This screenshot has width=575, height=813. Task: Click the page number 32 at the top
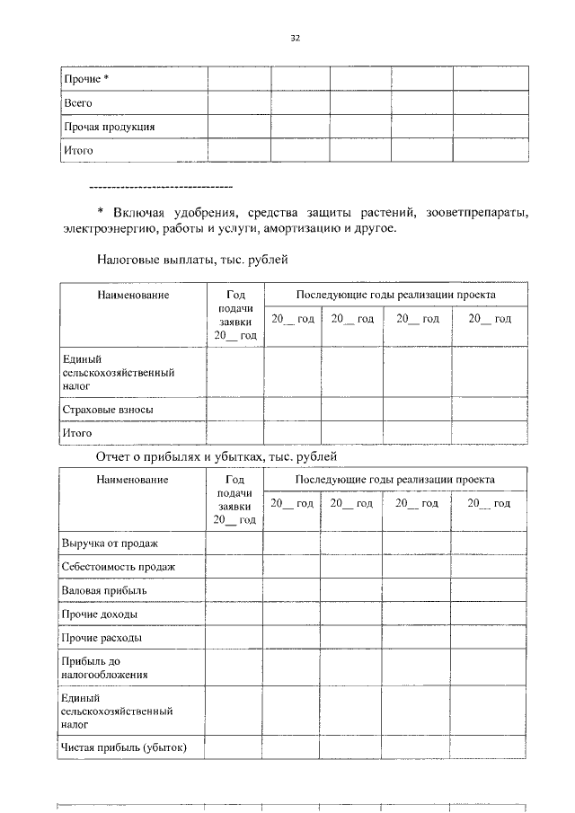coord(295,38)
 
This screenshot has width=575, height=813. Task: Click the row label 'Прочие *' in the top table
coord(86,80)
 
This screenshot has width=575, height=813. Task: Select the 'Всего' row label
coord(78,103)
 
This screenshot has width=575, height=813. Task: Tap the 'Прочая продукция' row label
coord(109,128)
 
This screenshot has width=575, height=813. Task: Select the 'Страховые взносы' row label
coord(108,410)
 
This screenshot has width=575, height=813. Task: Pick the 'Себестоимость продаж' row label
coord(119,568)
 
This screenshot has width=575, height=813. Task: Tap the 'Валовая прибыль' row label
coord(104,591)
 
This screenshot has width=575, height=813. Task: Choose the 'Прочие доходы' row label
coord(100,614)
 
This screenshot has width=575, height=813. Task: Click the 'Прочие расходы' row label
coord(102,638)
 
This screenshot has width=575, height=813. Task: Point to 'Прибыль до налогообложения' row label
coord(105,667)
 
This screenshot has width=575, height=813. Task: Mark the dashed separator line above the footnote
coord(162,186)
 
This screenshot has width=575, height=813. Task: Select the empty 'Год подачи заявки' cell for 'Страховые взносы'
coord(235,410)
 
